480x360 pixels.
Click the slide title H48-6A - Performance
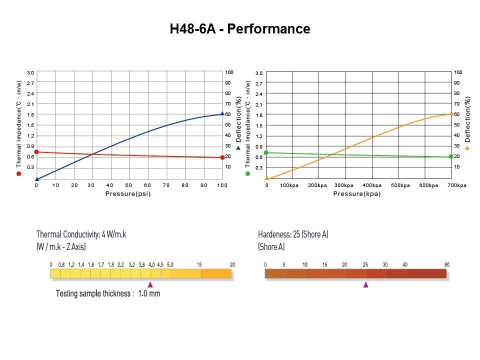pyautogui.click(x=240, y=29)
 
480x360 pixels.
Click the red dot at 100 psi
pyautogui.click(x=222, y=157)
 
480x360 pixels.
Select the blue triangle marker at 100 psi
pyautogui.click(x=222, y=113)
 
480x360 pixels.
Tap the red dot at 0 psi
pyautogui.click(x=36, y=152)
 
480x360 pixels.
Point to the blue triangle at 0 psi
pyautogui.click(x=36, y=178)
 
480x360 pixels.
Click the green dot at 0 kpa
pyautogui.click(x=266, y=152)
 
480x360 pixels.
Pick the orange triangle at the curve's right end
pyautogui.click(x=451, y=113)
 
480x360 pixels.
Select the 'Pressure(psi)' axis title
pyautogui.click(x=128, y=193)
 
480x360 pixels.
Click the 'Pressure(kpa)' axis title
pyautogui.click(x=357, y=193)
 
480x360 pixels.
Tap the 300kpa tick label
pyautogui.click(x=343, y=185)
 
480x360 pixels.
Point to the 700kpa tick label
pyautogui.click(x=456, y=185)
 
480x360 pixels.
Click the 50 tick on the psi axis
pyautogui.click(x=129, y=185)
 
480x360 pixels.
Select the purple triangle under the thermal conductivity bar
pyautogui.click(x=150, y=284)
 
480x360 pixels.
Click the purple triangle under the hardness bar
pyautogui.click(x=365, y=284)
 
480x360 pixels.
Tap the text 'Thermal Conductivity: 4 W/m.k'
pyautogui.click(x=81, y=234)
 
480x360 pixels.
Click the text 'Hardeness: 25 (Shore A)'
pyautogui.click(x=293, y=234)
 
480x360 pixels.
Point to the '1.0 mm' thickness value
pyautogui.click(x=149, y=293)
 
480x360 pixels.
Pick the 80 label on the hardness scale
pyautogui.click(x=446, y=264)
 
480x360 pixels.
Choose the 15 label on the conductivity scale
pyautogui.click(x=199, y=264)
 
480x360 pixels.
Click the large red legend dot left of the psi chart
pyautogui.click(x=18, y=173)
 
